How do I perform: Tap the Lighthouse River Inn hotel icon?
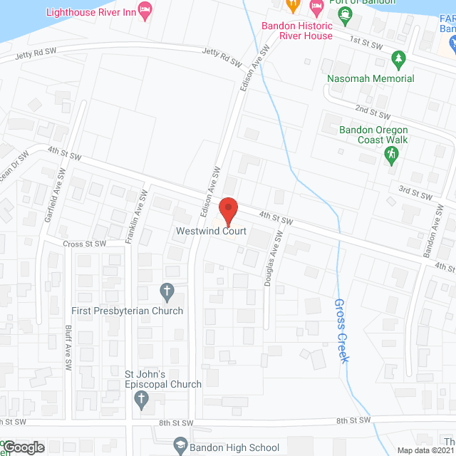pos(145,11)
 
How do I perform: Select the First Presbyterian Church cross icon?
pos(167,291)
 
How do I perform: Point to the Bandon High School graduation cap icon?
pos(180,447)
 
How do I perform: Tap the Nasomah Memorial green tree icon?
pos(398,58)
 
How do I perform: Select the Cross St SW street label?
pos(84,243)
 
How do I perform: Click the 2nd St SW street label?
pos(373,113)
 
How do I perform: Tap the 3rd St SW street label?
pos(415,193)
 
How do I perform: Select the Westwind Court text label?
pos(212,231)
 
